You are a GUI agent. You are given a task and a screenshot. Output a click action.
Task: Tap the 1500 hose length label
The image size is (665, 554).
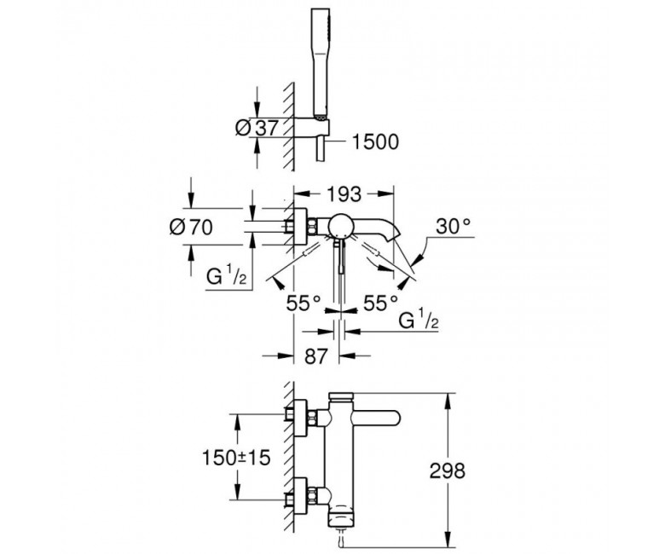click(374, 141)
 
